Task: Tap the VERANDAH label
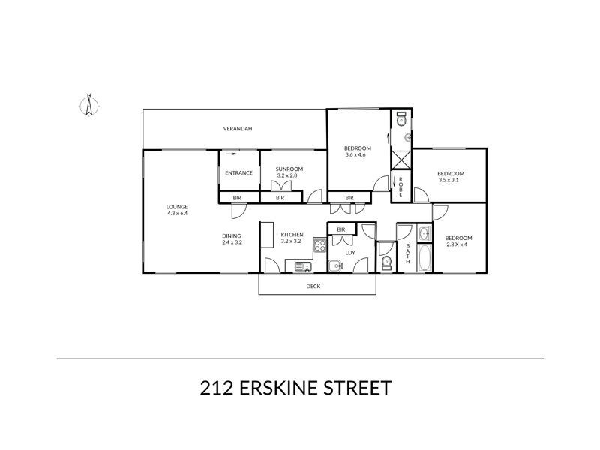point(237,129)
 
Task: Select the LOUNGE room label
point(177,207)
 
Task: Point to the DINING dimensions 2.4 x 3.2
point(232,243)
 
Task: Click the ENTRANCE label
point(238,173)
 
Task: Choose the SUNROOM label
point(289,169)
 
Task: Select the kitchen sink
point(303,265)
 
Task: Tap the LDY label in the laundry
point(349,253)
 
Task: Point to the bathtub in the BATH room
point(424,257)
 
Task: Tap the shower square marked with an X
point(402,159)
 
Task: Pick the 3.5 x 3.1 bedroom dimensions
point(451,181)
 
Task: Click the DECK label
point(314,286)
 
